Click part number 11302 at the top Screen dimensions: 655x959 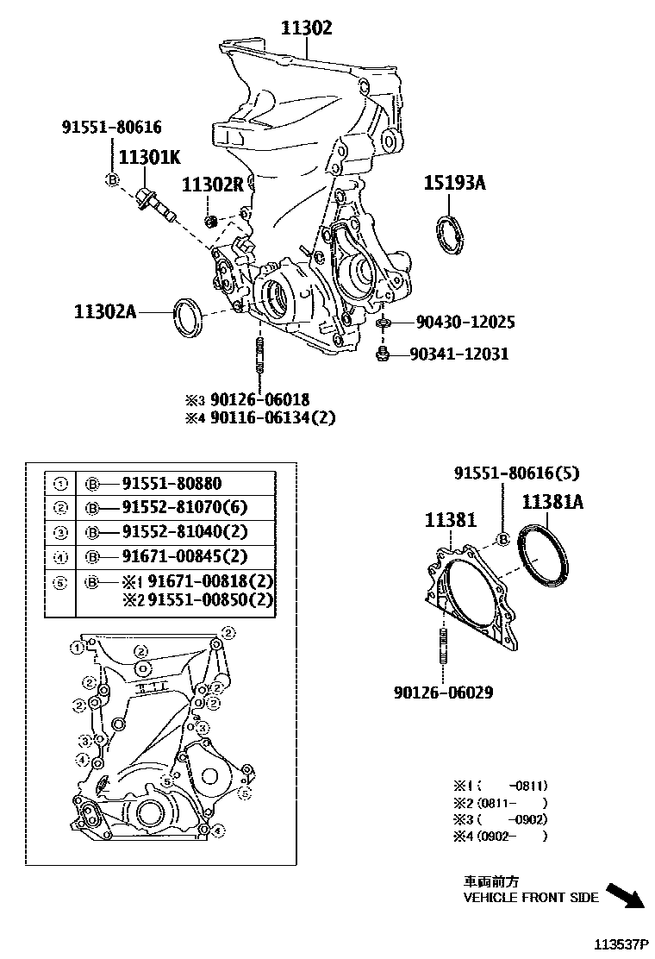click(306, 28)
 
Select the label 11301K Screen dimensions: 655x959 click(149, 158)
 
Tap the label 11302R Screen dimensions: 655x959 click(213, 185)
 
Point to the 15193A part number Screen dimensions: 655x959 click(454, 183)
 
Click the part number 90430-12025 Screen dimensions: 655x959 click(465, 323)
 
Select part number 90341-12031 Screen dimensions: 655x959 click(458, 354)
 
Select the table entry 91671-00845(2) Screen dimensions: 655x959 click(184, 555)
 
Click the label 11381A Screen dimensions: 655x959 click(552, 501)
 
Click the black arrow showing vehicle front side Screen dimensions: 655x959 click(625, 895)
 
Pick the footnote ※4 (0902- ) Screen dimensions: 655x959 click(501, 836)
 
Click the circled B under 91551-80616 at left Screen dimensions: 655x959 click(111, 179)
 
